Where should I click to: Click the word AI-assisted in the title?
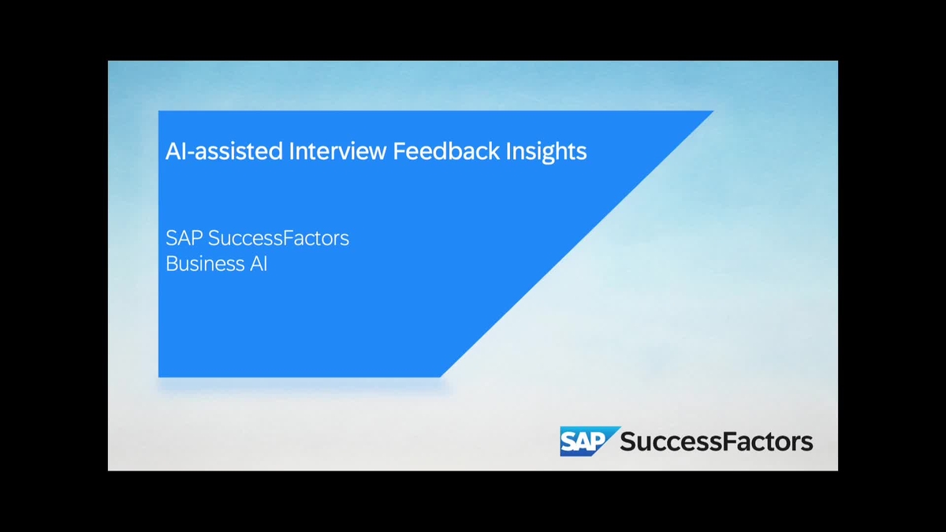[x=223, y=151]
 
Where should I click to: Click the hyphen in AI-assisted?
[x=192, y=152]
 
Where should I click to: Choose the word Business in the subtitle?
[x=203, y=264]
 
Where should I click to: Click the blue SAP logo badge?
[x=585, y=441]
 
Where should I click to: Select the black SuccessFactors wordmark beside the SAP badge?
[x=716, y=441]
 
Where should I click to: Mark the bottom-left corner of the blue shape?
[x=160, y=375]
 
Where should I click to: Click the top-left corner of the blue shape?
[x=160, y=112]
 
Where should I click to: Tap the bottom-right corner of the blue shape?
[x=441, y=375]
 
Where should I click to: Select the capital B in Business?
[x=172, y=264]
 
